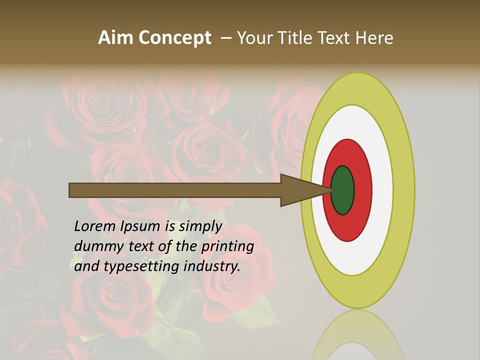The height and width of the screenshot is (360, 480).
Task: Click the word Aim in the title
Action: pos(116,38)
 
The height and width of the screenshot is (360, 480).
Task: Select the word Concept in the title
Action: pos(174,38)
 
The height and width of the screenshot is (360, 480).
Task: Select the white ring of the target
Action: pos(382,190)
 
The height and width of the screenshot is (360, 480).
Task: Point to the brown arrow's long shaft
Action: pos(175,190)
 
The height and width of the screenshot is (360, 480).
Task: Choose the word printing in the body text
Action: pos(228,247)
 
